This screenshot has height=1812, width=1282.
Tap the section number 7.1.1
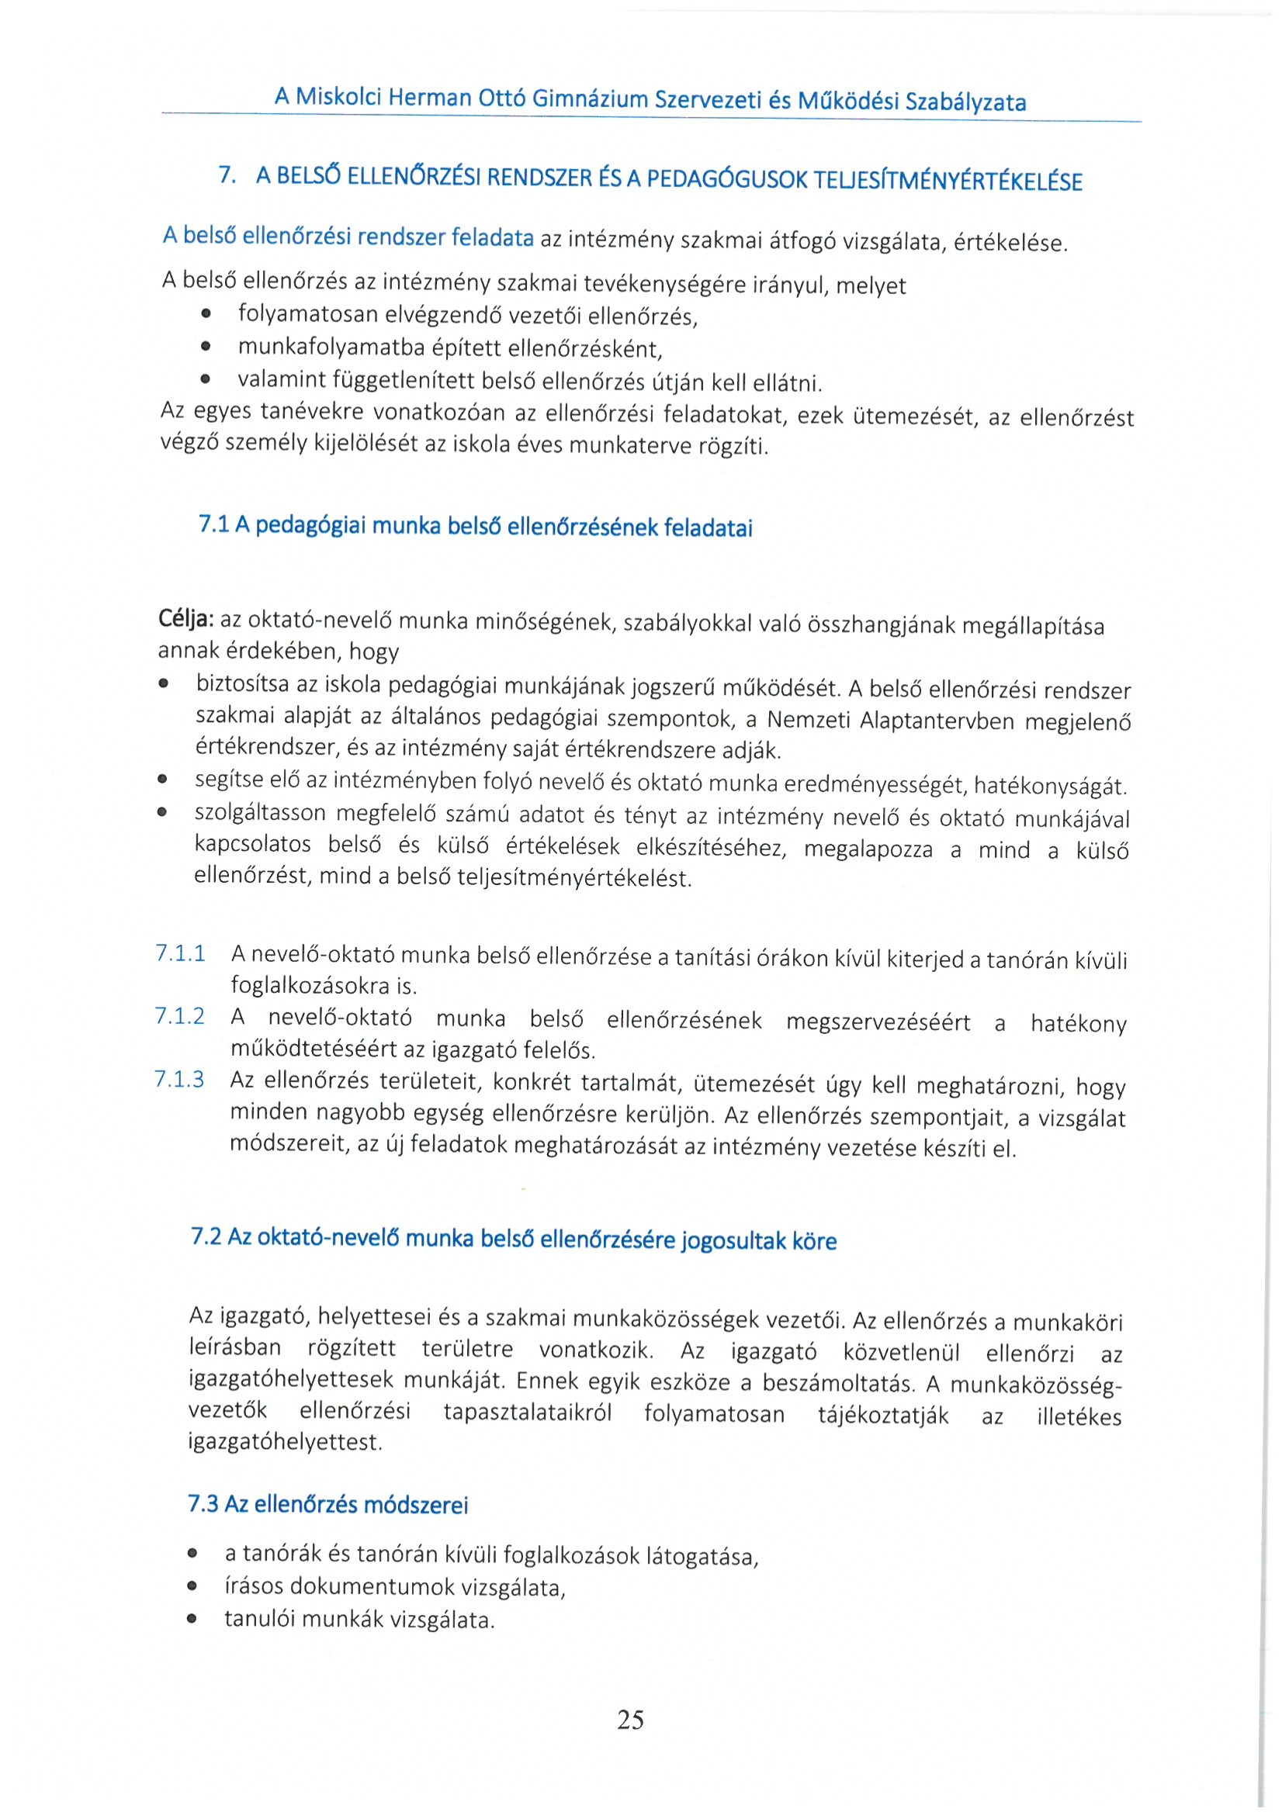pos(181,953)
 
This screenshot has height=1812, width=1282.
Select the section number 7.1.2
pos(180,1016)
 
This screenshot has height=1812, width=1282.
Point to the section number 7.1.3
pos(180,1080)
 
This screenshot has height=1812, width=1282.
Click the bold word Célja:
pos(186,619)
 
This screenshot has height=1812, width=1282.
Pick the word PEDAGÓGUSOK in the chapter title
pos(727,180)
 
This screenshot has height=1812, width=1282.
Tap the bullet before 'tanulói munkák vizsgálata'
pos(192,1620)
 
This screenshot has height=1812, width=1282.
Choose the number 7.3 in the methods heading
pos(203,1503)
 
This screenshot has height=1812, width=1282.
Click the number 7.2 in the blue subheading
pos(206,1236)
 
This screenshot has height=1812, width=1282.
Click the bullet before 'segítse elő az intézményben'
pos(163,780)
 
